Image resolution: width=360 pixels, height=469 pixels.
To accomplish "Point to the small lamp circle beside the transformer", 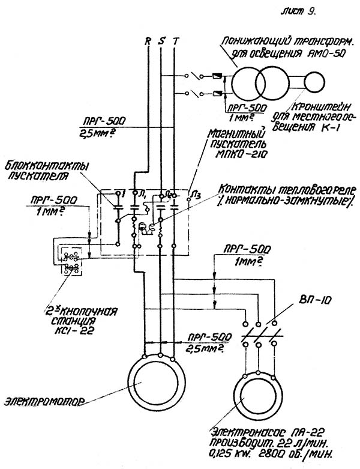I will coord(313,80).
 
